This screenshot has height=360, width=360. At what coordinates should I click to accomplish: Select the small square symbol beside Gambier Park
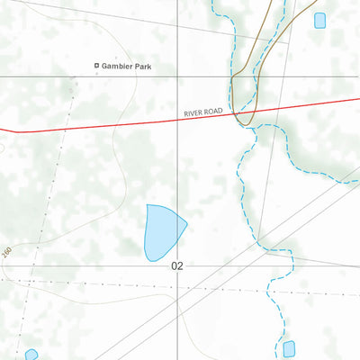[98, 66]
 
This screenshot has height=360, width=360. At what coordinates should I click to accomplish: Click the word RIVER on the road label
[192, 113]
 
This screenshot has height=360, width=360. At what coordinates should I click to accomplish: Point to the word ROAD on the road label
[212, 112]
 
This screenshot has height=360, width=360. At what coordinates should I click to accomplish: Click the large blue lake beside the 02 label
[163, 232]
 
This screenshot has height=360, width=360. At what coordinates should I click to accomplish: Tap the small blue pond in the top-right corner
[319, 20]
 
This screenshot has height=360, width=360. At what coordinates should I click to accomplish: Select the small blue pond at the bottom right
[289, 348]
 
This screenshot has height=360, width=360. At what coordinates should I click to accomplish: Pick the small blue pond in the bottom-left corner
[31, 355]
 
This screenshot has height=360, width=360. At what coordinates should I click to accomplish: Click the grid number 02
[176, 265]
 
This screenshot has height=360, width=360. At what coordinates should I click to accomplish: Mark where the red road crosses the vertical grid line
[176, 118]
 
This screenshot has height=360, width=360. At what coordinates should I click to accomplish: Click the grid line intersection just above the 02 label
[176, 255]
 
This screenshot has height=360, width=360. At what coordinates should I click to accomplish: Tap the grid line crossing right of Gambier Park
[176, 76]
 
